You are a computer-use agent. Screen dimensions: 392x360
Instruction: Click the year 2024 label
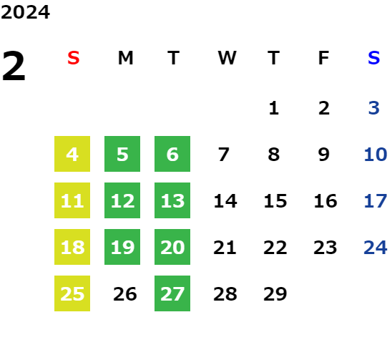click(x=25, y=12)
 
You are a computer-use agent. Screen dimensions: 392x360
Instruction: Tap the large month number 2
click(x=14, y=66)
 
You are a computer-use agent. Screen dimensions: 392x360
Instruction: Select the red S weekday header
click(x=74, y=58)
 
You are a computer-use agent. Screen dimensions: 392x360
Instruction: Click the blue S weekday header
click(x=374, y=58)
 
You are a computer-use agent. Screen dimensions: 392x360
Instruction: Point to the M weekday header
click(x=125, y=58)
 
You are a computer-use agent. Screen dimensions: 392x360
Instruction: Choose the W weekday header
click(x=227, y=58)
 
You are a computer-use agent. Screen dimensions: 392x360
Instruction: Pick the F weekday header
click(x=324, y=58)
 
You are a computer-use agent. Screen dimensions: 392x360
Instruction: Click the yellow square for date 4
click(x=72, y=154)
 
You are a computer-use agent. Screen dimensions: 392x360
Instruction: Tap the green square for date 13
click(x=172, y=200)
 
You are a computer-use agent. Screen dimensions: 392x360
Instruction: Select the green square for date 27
click(x=172, y=293)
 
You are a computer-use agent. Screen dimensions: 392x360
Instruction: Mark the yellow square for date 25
click(x=72, y=293)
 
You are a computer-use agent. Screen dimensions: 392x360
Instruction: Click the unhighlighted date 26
click(x=125, y=294)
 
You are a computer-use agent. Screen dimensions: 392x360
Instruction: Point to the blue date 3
click(x=374, y=108)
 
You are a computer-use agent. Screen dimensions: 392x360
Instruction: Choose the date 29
click(x=275, y=294)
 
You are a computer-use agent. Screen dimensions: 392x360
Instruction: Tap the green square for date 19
click(x=122, y=247)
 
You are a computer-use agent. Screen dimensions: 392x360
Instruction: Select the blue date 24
click(x=376, y=248)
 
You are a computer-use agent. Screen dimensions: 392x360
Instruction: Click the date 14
click(x=225, y=201)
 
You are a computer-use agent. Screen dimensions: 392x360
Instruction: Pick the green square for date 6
click(x=172, y=154)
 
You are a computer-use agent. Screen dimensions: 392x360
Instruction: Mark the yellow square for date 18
click(x=72, y=247)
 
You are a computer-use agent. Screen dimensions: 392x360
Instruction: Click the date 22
click(x=275, y=248)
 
